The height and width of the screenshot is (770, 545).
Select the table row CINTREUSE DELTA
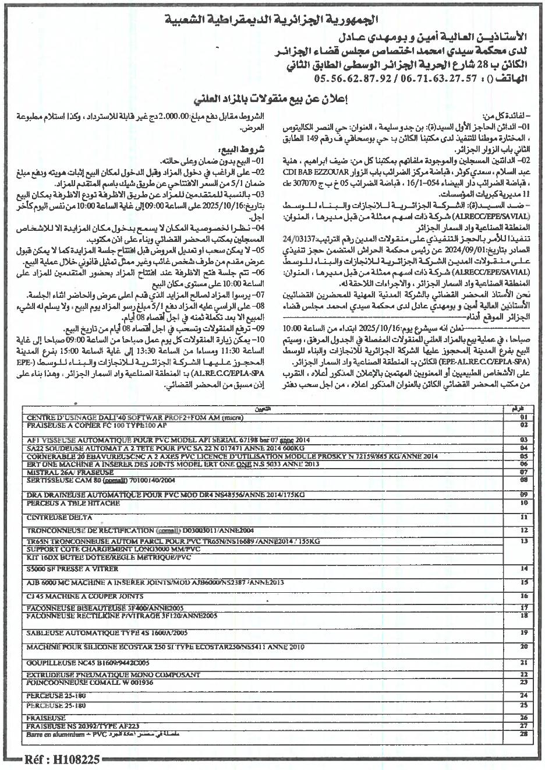(59, 517)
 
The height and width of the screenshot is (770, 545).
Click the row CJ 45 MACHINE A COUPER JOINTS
(85, 596)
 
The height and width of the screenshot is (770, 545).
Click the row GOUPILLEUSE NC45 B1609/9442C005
(88, 663)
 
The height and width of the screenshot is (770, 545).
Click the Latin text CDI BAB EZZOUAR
(315, 174)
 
